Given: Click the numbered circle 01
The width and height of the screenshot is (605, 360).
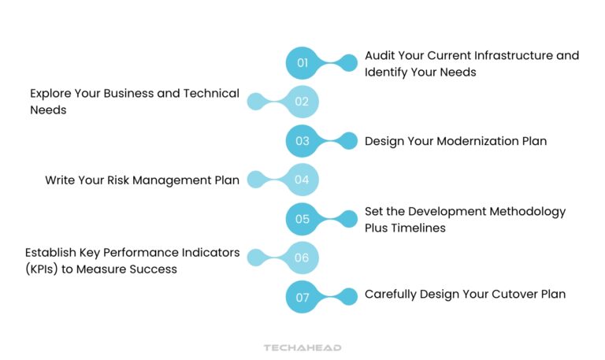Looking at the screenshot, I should pos(302,62).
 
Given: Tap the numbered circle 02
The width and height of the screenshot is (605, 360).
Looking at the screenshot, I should pos(302,102).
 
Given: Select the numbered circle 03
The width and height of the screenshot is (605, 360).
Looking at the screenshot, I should pos(302,141).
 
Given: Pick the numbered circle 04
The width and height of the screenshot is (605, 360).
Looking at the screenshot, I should pos(302,180).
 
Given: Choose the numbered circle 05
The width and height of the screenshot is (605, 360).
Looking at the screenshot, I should pos(302,219).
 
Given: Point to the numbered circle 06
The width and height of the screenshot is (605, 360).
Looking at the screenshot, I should pos(302,258).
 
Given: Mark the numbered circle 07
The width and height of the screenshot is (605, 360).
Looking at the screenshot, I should pos(302,298).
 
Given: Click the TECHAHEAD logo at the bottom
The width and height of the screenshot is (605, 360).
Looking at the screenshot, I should pos(302,347).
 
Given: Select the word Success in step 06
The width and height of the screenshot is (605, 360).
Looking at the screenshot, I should pos(154,269).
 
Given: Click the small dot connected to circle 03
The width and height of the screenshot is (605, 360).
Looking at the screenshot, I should pos(347,141).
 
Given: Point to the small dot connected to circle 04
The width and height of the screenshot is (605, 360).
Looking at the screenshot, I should pos(257,180).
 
